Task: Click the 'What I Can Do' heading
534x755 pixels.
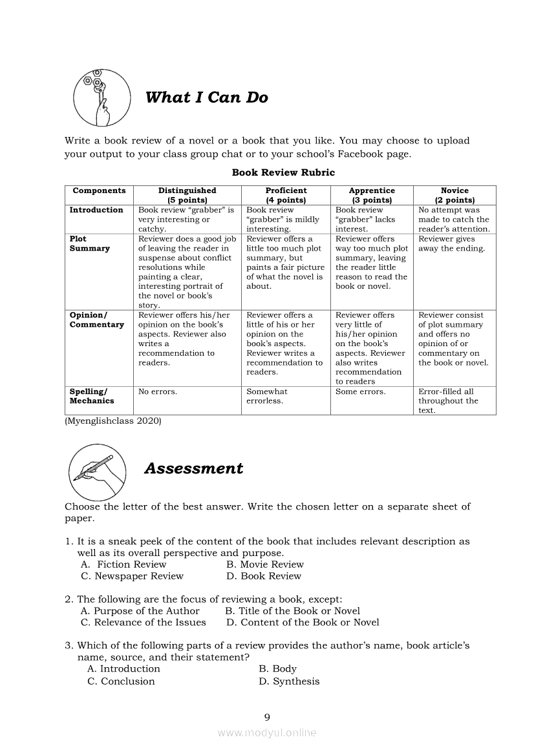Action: (x=206, y=98)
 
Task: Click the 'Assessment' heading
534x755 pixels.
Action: (x=193, y=468)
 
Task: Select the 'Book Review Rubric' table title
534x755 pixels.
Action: (x=283, y=172)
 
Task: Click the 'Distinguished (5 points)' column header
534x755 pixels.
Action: (x=187, y=195)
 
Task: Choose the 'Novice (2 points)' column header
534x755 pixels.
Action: (x=454, y=195)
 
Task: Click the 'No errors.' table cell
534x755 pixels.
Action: (x=158, y=391)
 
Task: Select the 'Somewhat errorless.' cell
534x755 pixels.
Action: (x=267, y=396)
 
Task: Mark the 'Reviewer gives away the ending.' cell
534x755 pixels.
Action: (x=451, y=243)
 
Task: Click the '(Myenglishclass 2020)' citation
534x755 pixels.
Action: (x=113, y=421)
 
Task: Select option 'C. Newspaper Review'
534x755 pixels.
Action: (x=132, y=576)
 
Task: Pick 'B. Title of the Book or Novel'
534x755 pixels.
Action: (x=292, y=611)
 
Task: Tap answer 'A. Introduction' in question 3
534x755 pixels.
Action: (x=123, y=669)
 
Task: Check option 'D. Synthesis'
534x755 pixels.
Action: (x=289, y=681)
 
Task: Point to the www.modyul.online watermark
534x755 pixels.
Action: (x=267, y=733)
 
